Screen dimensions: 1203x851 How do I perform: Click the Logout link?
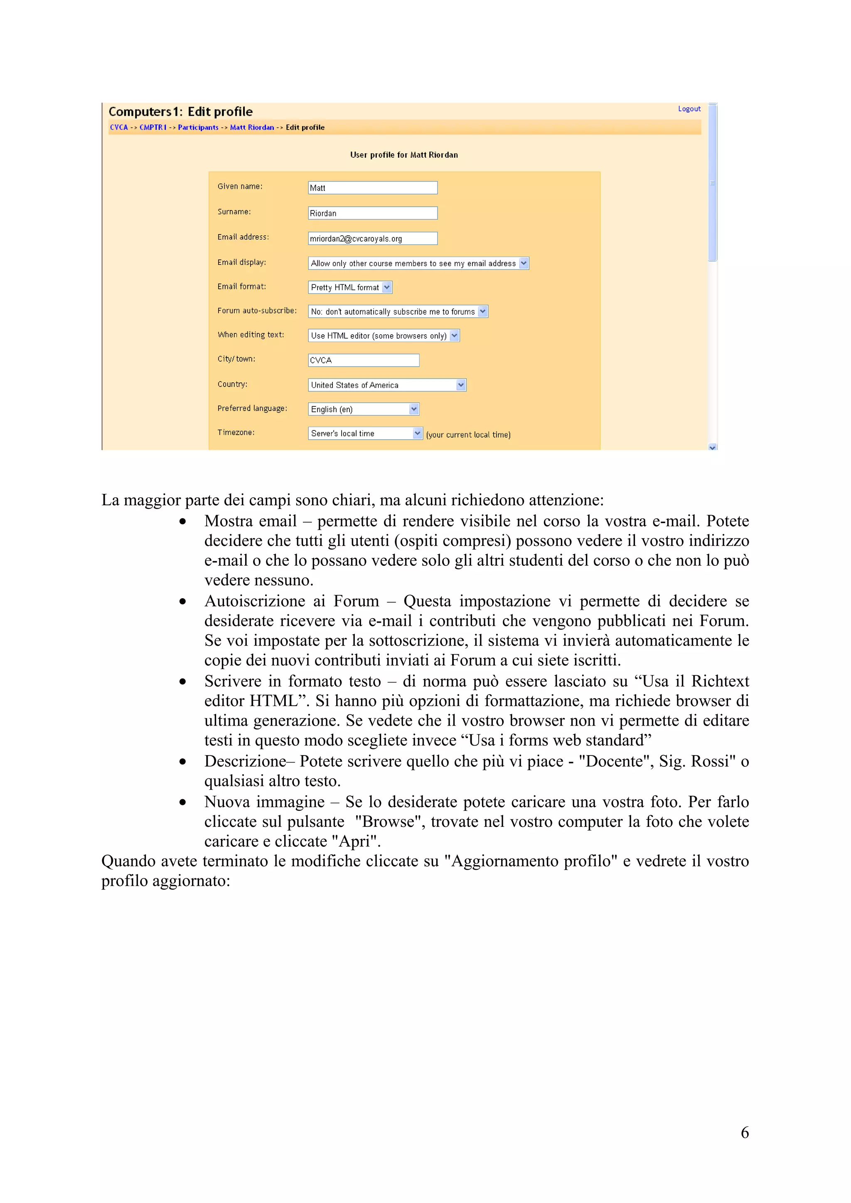689,109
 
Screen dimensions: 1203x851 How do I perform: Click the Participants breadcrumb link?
198,127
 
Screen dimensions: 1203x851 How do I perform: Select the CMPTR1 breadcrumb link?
152,127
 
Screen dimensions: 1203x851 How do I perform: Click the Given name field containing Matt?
372,188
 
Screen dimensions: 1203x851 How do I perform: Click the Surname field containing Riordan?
372,213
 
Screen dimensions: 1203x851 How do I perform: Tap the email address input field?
372,238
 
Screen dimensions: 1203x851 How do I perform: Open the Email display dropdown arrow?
523,263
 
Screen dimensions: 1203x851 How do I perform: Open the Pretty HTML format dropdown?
350,287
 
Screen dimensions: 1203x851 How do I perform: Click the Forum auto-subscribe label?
257,311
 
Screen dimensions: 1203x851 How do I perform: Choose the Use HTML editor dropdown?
383,335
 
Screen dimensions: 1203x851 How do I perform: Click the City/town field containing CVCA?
363,360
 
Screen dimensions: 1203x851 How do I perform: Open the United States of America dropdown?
386,385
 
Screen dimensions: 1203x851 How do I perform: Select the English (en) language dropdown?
363,409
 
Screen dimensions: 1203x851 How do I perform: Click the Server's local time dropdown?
365,433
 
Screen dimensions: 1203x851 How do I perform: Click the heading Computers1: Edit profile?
180,112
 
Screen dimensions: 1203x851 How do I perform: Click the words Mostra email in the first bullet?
250,521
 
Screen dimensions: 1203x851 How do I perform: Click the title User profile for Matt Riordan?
404,155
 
